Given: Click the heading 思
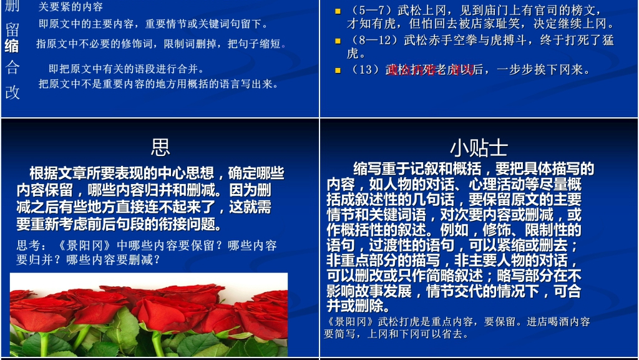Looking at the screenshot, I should pos(160,147).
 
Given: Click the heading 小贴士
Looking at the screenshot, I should pos(479,148).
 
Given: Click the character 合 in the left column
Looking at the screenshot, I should pos(12,67).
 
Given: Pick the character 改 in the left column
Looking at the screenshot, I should pos(12,92).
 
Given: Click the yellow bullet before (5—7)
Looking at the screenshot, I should pos(338,11).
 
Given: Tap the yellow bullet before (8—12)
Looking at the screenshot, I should pos(338,41).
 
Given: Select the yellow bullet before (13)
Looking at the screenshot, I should pos(338,70).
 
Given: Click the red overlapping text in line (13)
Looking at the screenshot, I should pos(424,70).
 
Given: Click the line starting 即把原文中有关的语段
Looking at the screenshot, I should pos(126,69).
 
